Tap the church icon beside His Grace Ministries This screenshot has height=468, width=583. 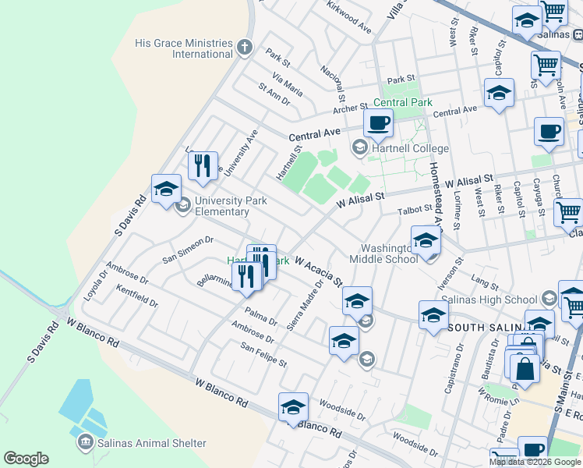[245, 48]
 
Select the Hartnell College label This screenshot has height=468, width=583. [410, 148]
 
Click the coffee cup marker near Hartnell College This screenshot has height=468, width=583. [378, 123]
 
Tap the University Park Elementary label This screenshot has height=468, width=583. [231, 206]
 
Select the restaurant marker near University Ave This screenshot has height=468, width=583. [203, 165]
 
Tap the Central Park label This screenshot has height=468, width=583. [402, 102]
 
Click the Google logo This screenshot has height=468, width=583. [26, 459]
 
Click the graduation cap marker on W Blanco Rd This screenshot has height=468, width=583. [293, 407]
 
